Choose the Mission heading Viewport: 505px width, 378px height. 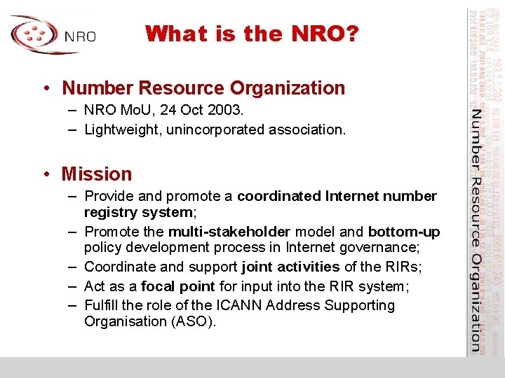[97, 174]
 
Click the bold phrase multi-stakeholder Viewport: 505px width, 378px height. [229, 232]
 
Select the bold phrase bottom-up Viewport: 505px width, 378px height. [404, 232]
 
